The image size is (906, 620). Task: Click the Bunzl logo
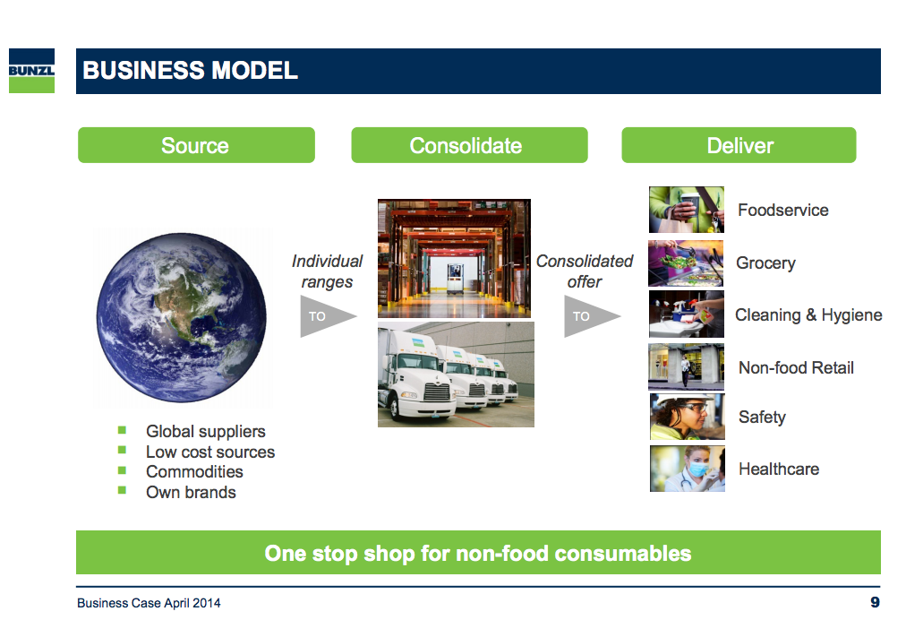(31, 71)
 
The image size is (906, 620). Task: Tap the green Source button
(196, 145)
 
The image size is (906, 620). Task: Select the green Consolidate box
(469, 145)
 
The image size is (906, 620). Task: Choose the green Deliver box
(739, 145)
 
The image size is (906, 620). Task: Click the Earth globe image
(182, 317)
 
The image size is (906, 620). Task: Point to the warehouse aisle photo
(454, 259)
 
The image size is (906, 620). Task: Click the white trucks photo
(456, 375)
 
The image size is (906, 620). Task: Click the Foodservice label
(783, 210)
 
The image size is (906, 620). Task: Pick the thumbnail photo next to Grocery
(686, 263)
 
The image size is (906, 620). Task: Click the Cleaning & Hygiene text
(808, 315)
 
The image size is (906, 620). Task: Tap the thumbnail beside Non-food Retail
(686, 366)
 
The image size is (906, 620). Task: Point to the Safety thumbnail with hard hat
(687, 417)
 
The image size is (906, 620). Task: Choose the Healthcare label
(779, 469)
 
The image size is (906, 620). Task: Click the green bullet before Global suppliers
(122, 430)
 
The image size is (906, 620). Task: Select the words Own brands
(192, 492)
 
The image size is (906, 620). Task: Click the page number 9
(875, 602)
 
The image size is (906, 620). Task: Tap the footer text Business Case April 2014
(150, 603)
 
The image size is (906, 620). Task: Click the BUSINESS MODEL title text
(190, 71)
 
